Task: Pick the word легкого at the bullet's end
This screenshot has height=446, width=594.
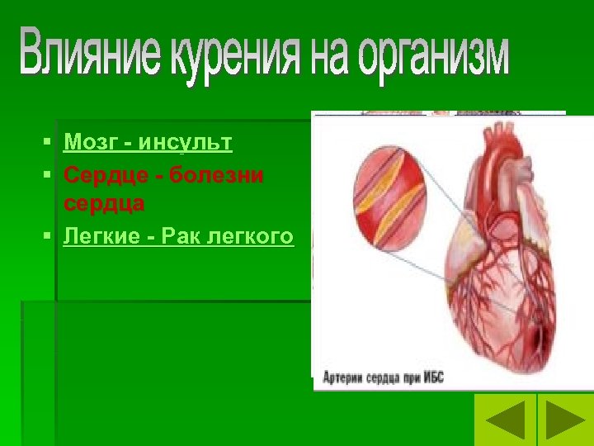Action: coord(252,237)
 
